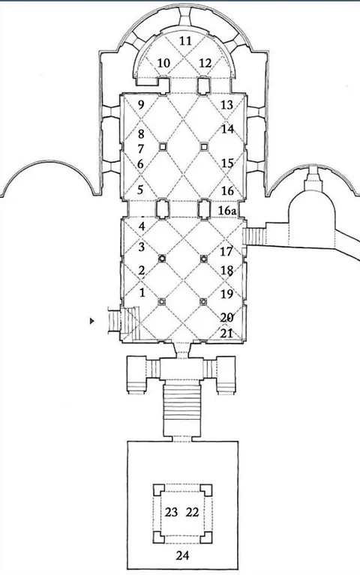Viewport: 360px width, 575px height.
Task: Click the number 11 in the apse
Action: click(x=186, y=40)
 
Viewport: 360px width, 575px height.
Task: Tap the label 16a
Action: click(x=227, y=211)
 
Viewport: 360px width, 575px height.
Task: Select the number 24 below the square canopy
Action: click(x=182, y=556)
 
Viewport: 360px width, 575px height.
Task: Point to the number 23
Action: click(x=171, y=512)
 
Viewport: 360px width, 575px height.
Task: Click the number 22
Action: click(x=192, y=512)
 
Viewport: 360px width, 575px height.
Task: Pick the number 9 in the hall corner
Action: click(x=141, y=105)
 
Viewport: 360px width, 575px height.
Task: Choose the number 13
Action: click(x=227, y=105)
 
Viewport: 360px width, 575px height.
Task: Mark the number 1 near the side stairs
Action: click(x=142, y=292)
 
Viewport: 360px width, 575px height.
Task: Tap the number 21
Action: click(x=226, y=333)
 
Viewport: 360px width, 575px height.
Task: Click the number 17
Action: click(x=226, y=252)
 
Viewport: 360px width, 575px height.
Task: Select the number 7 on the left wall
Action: click(x=141, y=149)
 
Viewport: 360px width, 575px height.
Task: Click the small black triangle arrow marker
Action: click(x=91, y=322)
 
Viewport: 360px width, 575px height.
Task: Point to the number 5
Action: click(x=141, y=190)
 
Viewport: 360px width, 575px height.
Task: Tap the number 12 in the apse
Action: click(x=205, y=63)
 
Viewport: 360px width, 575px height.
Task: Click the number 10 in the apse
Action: click(x=163, y=63)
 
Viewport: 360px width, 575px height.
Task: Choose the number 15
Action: click(x=227, y=163)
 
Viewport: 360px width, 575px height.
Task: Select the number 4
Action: click(x=142, y=226)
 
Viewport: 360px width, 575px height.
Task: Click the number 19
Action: click(x=226, y=293)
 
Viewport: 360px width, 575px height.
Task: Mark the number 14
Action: click(x=227, y=129)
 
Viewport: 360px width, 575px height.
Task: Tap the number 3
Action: click(x=142, y=247)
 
